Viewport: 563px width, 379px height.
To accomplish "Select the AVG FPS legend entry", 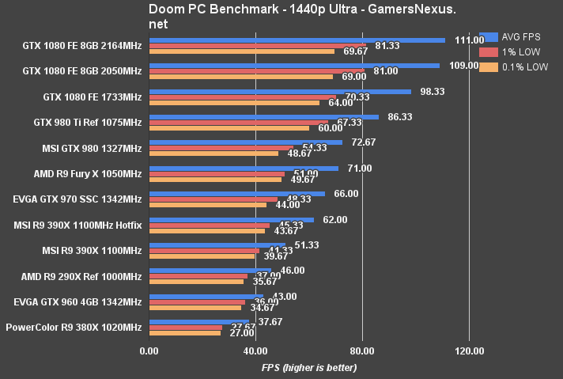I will click(x=514, y=36).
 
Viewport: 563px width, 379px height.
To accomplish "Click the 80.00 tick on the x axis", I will click(x=362, y=351).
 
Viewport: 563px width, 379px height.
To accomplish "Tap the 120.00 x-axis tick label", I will click(x=468, y=351).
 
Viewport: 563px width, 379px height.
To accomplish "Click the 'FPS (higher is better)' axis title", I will click(x=309, y=368).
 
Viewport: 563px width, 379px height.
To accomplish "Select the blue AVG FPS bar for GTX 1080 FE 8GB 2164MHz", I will click(x=297, y=40).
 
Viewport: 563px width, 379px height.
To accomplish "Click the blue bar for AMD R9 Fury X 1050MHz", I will click(x=244, y=168).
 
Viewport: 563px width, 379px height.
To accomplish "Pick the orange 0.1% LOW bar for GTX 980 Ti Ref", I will click(x=229, y=128).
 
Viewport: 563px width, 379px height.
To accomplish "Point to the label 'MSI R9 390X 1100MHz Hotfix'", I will click(x=77, y=226).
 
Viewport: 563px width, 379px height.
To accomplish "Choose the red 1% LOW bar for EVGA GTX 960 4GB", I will click(x=197, y=302).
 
